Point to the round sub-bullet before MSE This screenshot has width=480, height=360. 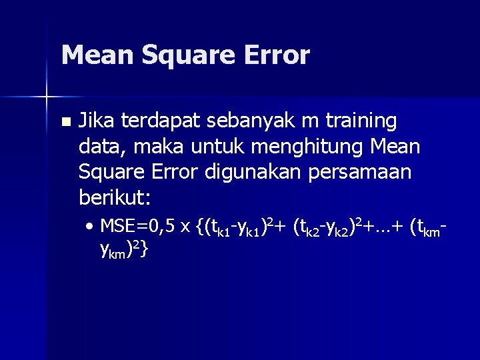pos(90,227)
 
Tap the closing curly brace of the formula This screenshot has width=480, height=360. pos(145,250)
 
